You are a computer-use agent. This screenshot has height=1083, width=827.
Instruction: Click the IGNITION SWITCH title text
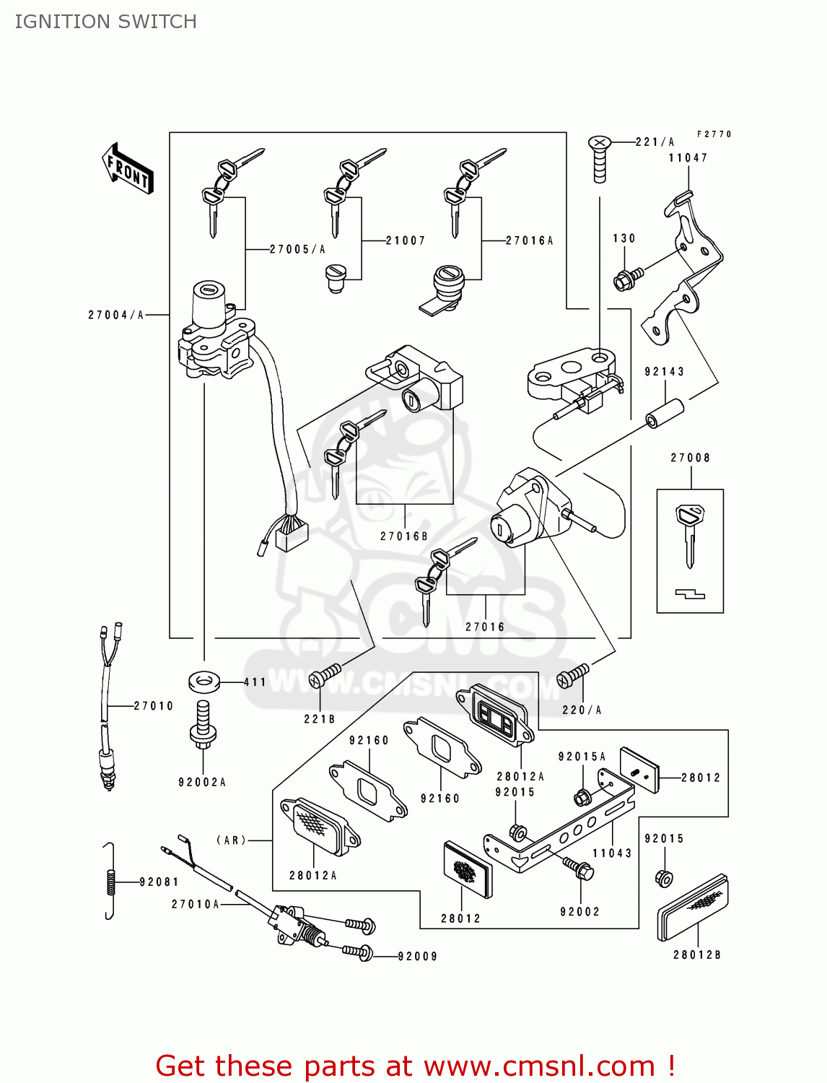(105, 22)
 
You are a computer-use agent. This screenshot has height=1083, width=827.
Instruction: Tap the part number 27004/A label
(115, 315)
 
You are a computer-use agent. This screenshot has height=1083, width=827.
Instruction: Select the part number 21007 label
(406, 240)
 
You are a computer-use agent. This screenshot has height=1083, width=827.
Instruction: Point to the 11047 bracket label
(688, 158)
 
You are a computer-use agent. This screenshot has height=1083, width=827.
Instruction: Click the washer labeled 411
(204, 681)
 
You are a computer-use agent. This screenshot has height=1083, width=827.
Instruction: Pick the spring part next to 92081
(109, 881)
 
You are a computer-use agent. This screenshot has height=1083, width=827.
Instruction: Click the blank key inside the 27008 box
(689, 534)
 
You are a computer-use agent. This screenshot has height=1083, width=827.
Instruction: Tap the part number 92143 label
(664, 372)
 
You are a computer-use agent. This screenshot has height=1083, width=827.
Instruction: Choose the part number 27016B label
(404, 536)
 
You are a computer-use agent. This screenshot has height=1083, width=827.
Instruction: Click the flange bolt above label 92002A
(203, 723)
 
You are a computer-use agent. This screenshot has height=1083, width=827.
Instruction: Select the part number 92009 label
(418, 957)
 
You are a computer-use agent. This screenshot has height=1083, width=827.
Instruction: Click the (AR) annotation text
(231, 840)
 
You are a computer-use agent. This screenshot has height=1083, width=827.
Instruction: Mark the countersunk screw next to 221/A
(599, 159)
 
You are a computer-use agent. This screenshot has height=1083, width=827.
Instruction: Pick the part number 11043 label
(612, 853)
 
